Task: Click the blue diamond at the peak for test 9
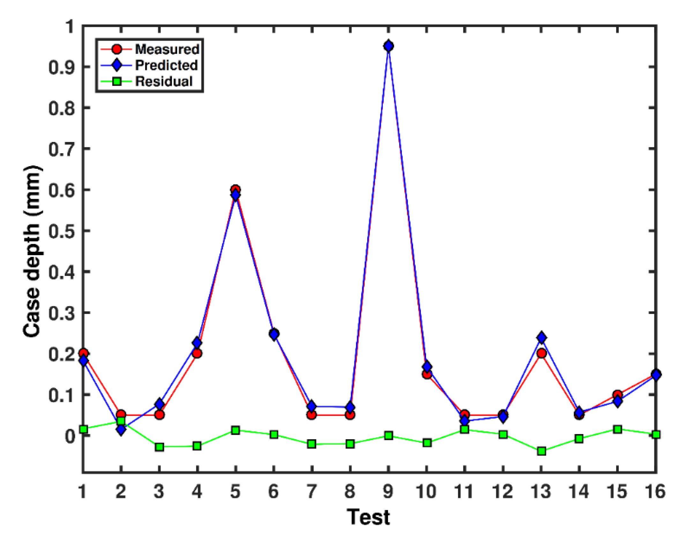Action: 388,46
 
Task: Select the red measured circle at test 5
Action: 236,189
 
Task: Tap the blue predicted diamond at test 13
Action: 541,337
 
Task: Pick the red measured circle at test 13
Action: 541,353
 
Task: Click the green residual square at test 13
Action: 541,451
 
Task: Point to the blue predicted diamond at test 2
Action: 121,430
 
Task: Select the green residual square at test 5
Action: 236,430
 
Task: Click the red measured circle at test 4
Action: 197,353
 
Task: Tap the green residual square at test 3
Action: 159,447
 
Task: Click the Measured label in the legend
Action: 167,49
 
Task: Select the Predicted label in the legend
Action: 166,65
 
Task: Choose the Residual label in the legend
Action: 164,82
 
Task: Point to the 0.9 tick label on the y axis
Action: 62,67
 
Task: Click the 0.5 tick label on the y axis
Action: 62,231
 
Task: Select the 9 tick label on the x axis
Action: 388,491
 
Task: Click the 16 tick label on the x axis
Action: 655,491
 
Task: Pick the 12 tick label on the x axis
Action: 503,491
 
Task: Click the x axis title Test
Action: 368,517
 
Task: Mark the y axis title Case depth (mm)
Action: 32,251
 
